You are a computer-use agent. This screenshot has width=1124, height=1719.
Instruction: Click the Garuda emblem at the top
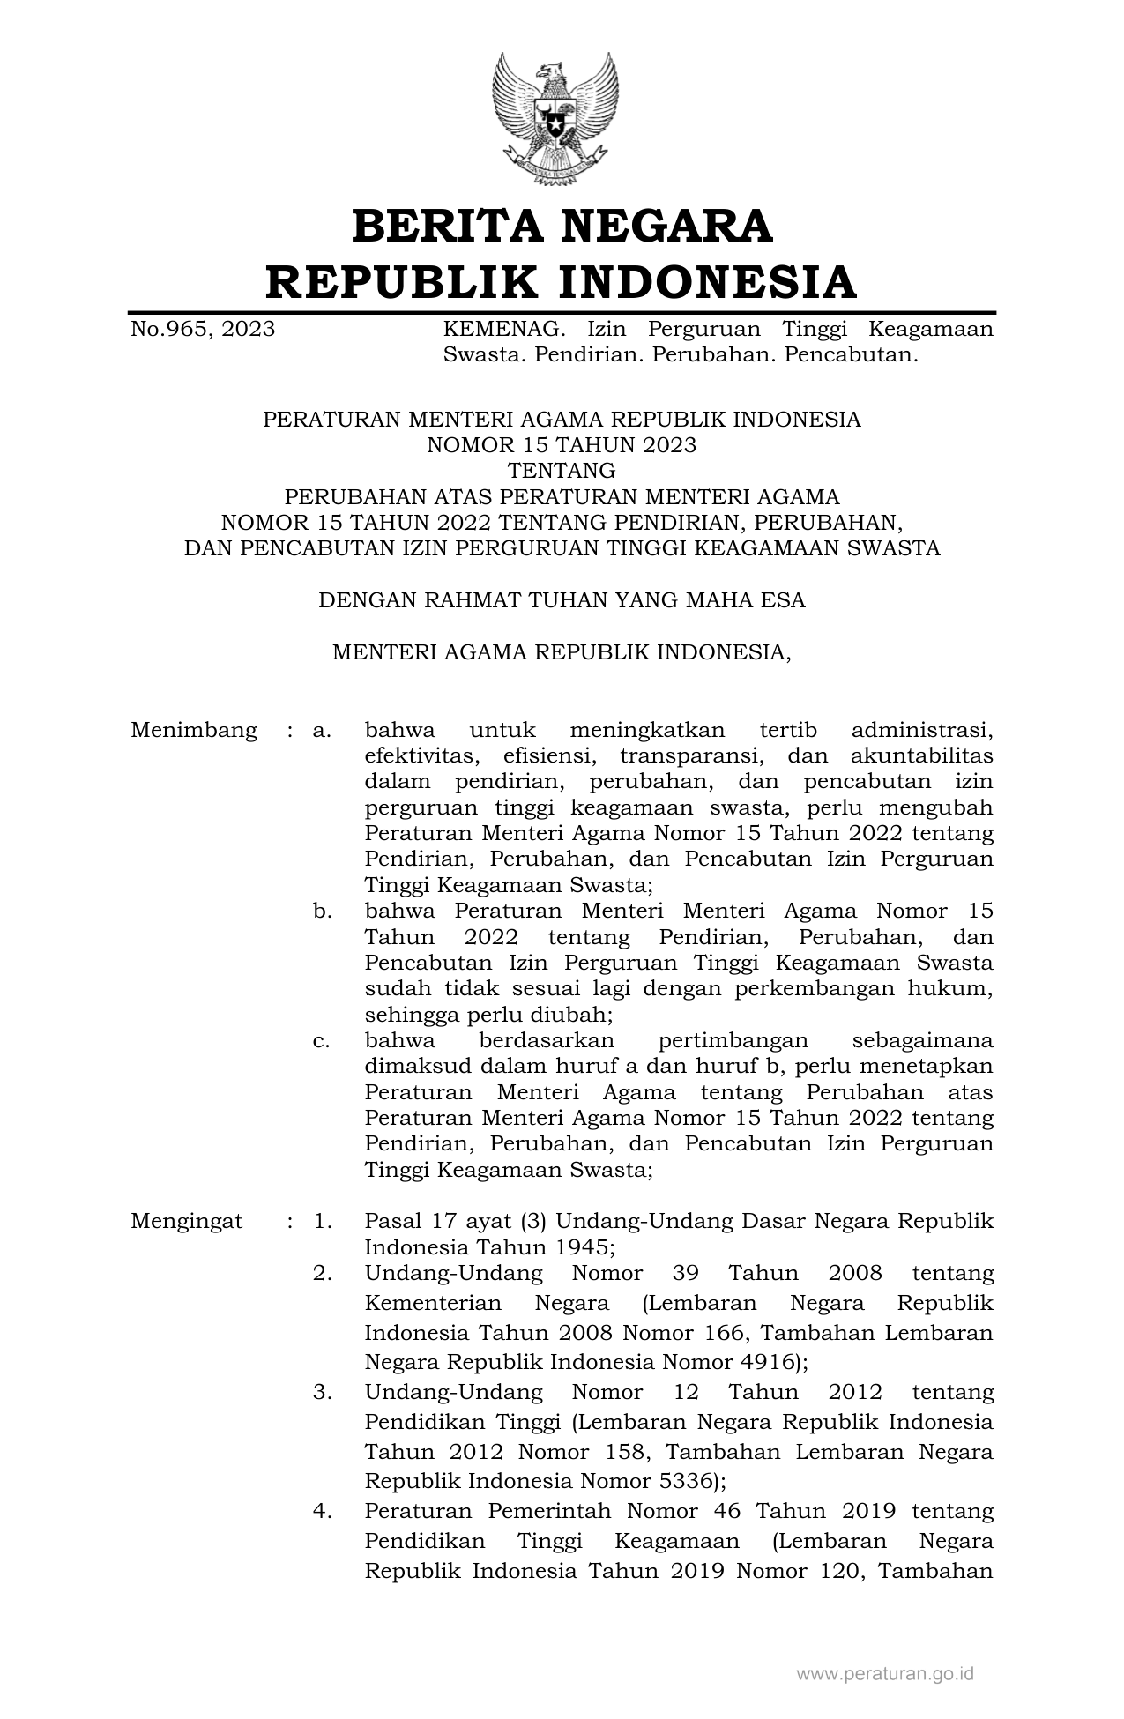(555, 118)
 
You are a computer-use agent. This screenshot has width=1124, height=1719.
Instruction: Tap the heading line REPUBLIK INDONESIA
(562, 282)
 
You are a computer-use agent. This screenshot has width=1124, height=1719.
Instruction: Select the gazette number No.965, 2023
(203, 330)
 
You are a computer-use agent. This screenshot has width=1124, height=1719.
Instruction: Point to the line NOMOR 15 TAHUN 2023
(562, 445)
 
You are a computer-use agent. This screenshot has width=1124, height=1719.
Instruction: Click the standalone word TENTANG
(562, 471)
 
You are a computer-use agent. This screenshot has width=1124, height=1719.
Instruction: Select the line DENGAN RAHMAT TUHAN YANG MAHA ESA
(562, 601)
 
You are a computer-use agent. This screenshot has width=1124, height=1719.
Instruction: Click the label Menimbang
(194, 731)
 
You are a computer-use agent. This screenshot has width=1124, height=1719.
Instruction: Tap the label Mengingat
(187, 1222)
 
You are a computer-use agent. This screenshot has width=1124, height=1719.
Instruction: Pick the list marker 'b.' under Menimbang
(322, 912)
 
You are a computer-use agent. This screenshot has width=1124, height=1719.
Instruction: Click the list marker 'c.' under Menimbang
(322, 1041)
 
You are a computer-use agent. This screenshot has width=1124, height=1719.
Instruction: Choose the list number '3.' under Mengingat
(322, 1393)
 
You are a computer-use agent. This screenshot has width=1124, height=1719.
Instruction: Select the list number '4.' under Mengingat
(322, 1511)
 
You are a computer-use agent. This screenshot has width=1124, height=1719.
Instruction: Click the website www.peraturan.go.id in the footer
(885, 1673)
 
